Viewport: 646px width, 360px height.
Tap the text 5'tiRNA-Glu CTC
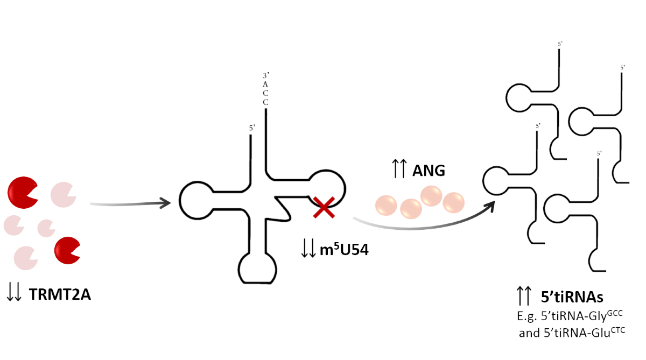coord(573,332)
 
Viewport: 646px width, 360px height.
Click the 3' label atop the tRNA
coord(265,76)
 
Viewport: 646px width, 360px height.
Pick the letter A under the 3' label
coord(265,84)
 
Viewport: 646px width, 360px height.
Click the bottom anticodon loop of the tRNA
coord(257,269)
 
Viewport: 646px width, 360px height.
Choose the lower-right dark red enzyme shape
coord(67,249)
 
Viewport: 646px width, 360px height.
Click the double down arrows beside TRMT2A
coord(15,293)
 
